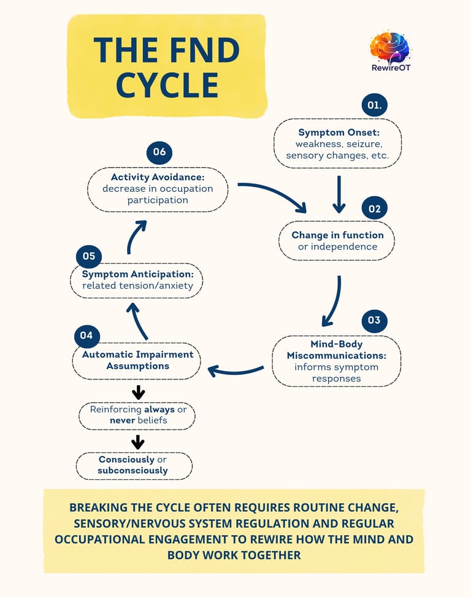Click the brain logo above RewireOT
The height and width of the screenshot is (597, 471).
coord(389,46)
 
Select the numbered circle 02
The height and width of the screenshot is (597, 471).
coord(375,208)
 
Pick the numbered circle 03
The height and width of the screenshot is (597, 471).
coord(374,321)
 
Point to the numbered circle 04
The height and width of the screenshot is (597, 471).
coord(86,335)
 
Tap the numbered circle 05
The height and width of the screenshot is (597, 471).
coord(89,256)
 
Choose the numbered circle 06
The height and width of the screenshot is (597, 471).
coord(159,152)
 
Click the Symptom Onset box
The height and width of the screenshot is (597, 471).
coord(337,143)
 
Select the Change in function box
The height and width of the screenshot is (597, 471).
coord(337,240)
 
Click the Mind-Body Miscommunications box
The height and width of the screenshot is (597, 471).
coord(336,361)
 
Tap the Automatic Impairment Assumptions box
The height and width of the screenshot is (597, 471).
coord(137,360)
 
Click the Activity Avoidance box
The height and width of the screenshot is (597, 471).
coord(158,189)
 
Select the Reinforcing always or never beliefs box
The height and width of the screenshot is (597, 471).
coord(137,415)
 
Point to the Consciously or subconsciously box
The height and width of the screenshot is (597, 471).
coord(134,465)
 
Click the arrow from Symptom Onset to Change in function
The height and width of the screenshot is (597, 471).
coord(338,192)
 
